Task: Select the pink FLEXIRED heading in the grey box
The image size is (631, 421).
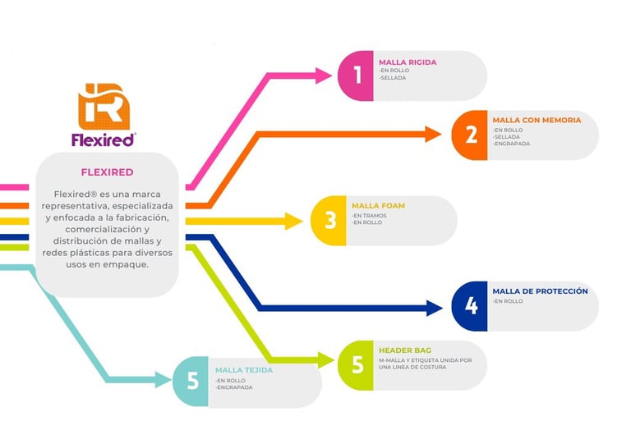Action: tap(107, 172)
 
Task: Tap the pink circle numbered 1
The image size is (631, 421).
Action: tap(357, 76)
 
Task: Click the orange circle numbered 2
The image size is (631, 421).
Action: tap(470, 135)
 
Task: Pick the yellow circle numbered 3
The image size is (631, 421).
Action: tap(329, 220)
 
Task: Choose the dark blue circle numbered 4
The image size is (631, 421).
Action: tap(470, 305)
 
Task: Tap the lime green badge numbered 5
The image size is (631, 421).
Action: tap(357, 365)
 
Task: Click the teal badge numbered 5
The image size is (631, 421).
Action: tap(191, 382)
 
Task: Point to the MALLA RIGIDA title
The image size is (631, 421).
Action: tap(408, 62)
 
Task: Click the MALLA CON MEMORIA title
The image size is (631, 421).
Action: tap(537, 120)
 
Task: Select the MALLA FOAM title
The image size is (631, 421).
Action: tap(378, 206)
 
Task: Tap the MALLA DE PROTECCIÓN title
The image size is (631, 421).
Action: tap(540, 291)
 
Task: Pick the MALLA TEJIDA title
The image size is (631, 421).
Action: tap(244, 369)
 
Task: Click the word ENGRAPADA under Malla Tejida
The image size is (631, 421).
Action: tap(235, 387)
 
